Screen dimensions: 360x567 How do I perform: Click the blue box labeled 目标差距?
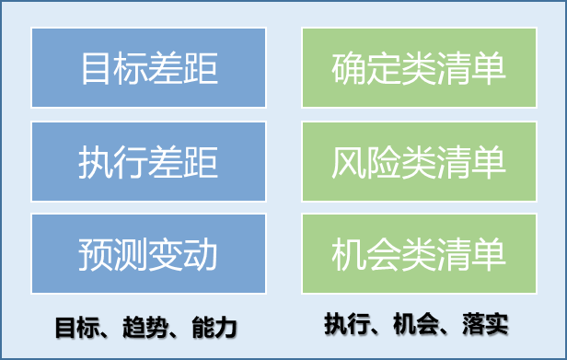(x=148, y=68)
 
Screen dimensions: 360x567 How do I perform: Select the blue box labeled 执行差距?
(x=148, y=161)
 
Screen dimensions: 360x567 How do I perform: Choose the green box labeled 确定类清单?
(x=419, y=68)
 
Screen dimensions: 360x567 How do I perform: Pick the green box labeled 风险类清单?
(x=419, y=161)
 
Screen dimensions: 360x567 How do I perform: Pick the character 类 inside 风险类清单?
(x=419, y=162)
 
